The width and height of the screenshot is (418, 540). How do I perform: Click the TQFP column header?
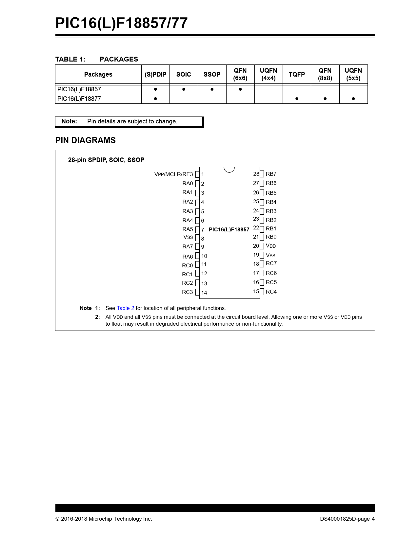click(x=297, y=74)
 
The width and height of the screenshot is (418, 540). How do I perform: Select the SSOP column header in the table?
click(x=212, y=74)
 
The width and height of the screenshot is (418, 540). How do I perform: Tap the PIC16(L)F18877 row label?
click(x=79, y=99)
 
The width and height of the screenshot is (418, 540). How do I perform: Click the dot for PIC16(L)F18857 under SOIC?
click(x=184, y=89)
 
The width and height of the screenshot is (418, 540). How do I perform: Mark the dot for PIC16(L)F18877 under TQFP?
click(x=297, y=99)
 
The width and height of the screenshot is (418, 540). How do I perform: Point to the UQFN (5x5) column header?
click(x=353, y=74)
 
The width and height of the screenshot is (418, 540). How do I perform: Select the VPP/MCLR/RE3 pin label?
click(x=173, y=174)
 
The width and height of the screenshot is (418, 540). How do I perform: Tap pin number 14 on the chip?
click(x=204, y=293)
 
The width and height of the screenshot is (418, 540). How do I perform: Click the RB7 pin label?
click(x=271, y=174)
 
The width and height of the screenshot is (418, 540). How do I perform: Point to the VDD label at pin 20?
click(x=271, y=246)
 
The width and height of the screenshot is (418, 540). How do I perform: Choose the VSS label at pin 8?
click(x=188, y=237)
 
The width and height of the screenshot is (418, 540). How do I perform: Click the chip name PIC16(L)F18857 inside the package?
click(x=229, y=229)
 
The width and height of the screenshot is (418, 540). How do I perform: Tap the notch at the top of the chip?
click(x=229, y=169)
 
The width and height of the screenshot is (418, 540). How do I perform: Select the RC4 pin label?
click(x=271, y=292)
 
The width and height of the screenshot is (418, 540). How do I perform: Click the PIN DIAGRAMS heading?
click(x=85, y=140)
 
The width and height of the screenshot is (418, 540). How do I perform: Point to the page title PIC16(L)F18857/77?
click(x=121, y=23)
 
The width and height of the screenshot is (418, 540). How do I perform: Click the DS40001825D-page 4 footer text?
click(x=347, y=519)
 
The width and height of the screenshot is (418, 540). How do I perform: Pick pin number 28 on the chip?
click(x=256, y=174)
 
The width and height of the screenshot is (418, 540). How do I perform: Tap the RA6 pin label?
click(x=188, y=257)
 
